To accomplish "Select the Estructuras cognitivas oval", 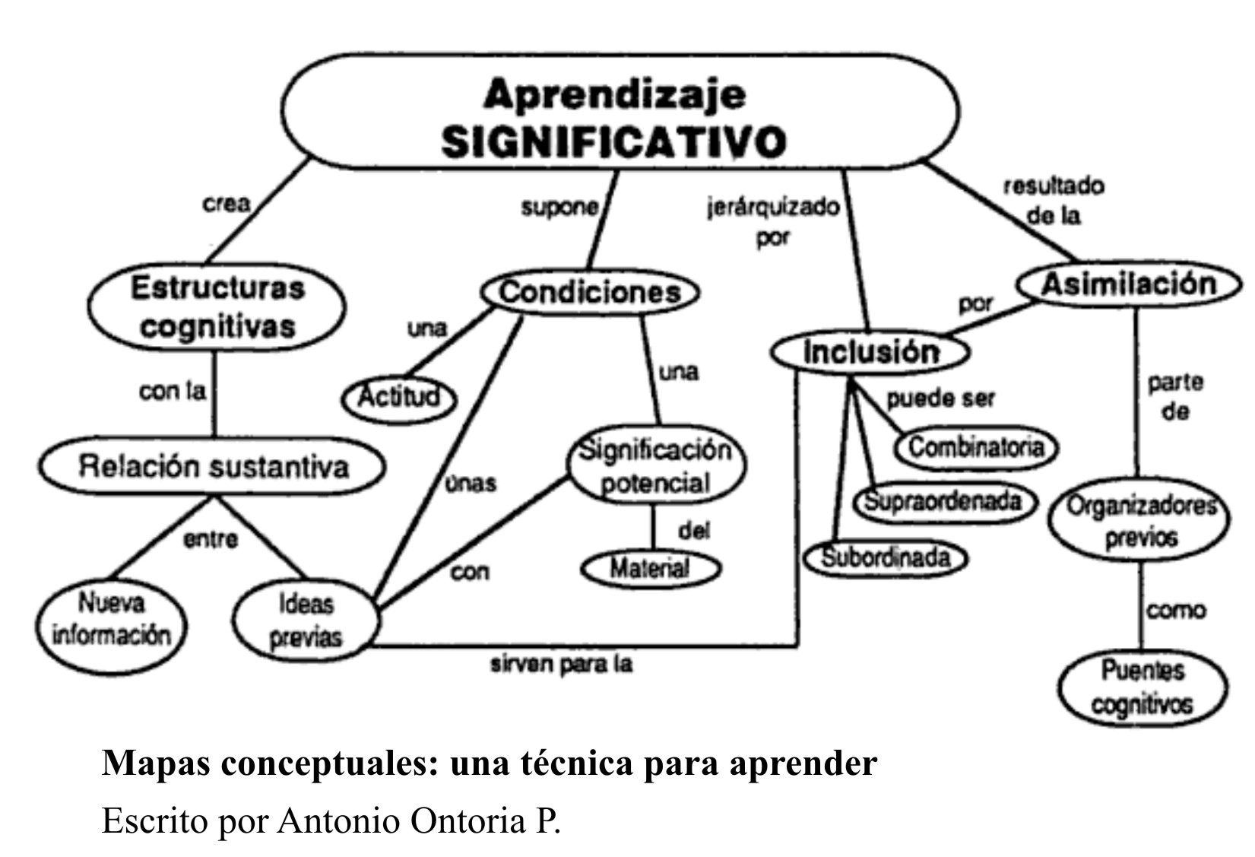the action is pyautogui.click(x=217, y=307).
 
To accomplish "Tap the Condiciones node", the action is pyautogui.click(x=590, y=292).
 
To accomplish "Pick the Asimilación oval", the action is pyautogui.click(x=1129, y=284).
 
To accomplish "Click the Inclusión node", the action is pyautogui.click(x=871, y=352).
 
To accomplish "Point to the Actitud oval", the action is pyautogui.click(x=398, y=397).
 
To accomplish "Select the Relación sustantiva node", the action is pyautogui.click(x=213, y=466).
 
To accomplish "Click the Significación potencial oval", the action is pyautogui.click(x=655, y=466).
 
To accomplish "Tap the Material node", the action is pyautogui.click(x=650, y=568).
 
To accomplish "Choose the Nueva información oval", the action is pyautogui.click(x=112, y=619).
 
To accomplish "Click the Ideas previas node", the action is pyautogui.click(x=306, y=621).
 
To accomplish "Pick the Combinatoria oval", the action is pyautogui.click(x=976, y=447).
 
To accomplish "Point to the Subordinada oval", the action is pyautogui.click(x=886, y=558).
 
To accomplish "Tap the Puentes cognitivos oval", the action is pyautogui.click(x=1142, y=687).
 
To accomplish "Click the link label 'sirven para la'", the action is pyautogui.click(x=561, y=665).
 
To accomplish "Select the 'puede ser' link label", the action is pyautogui.click(x=940, y=398).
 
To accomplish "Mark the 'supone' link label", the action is pyautogui.click(x=559, y=208).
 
